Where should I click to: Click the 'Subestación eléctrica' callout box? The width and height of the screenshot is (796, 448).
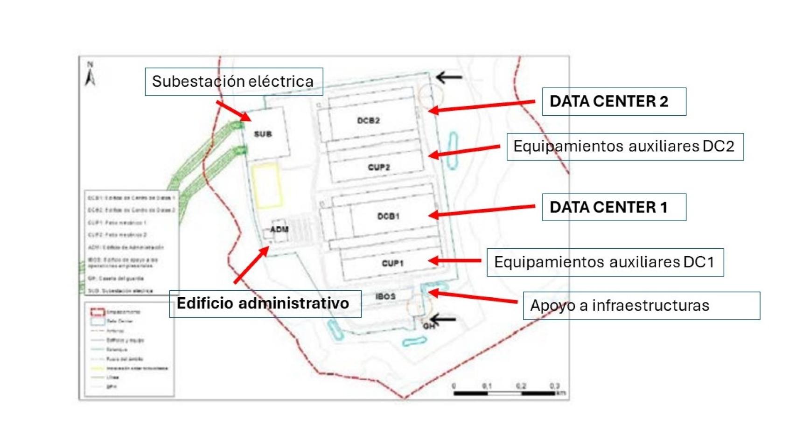click(x=233, y=82)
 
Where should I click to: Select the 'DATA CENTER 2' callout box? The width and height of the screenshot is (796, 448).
click(x=614, y=101)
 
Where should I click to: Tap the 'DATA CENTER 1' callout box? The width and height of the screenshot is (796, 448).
click(x=614, y=207)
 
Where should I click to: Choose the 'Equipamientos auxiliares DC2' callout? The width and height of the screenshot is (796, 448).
click(x=625, y=147)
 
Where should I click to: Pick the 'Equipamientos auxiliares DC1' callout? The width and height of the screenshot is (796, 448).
click(x=605, y=262)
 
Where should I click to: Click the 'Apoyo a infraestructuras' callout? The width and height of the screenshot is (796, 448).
click(x=641, y=306)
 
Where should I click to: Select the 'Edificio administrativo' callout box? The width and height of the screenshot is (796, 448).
click(x=265, y=304)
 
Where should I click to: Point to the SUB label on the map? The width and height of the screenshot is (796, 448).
click(x=263, y=134)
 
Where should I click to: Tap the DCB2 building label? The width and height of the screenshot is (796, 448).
click(x=368, y=120)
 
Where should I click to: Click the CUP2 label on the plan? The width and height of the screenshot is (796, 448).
click(x=378, y=167)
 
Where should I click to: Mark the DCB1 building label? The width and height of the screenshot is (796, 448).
click(x=388, y=216)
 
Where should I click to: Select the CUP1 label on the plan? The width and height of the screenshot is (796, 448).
click(x=392, y=263)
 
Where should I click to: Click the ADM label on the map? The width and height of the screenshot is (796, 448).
click(x=279, y=229)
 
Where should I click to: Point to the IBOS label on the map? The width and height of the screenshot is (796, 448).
click(x=385, y=296)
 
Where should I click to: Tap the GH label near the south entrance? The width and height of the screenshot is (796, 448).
click(x=428, y=326)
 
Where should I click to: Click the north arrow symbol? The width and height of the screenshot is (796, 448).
click(x=90, y=75)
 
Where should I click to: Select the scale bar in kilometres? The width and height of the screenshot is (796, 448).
click(x=505, y=393)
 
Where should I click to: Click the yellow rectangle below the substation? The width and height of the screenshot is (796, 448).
click(x=266, y=185)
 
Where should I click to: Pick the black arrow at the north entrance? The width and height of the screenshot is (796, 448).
click(x=448, y=77)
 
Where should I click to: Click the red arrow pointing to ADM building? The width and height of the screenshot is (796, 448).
click(x=251, y=265)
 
